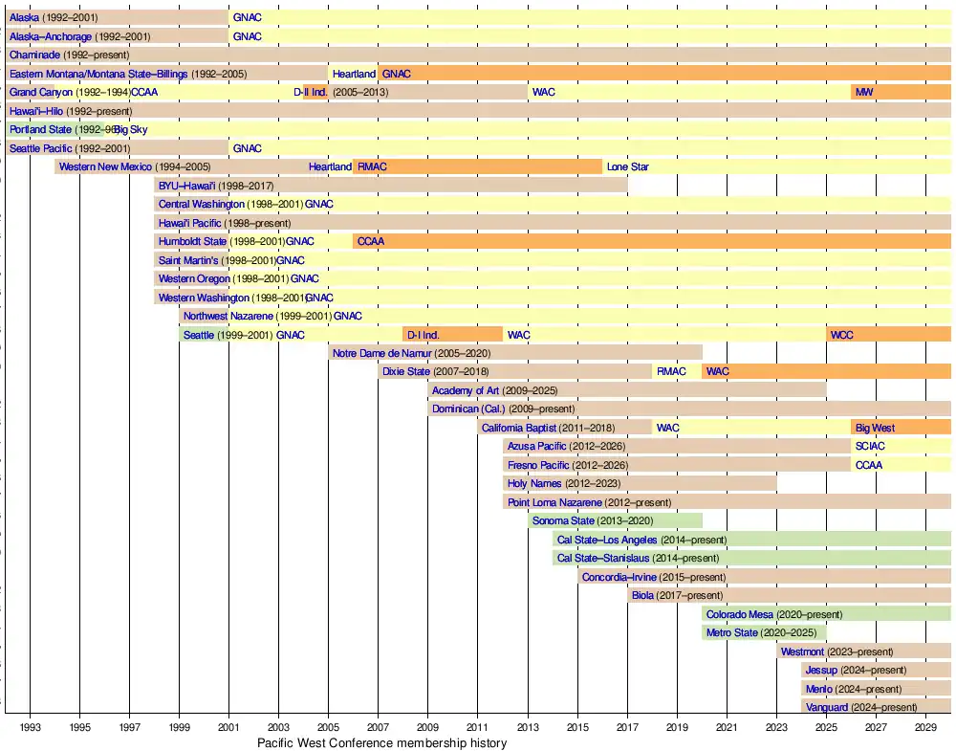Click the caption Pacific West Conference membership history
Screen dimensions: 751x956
point(381,743)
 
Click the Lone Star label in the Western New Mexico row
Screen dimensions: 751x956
point(627,166)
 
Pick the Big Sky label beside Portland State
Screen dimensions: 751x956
point(131,129)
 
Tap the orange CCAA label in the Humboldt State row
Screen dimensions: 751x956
point(370,241)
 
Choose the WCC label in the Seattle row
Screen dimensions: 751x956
point(842,335)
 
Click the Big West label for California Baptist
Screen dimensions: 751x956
point(876,428)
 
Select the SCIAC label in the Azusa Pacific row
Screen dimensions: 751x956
point(871,446)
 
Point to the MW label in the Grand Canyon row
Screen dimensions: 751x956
point(864,92)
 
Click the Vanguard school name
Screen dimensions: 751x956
point(827,707)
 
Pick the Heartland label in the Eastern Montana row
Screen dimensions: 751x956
point(354,74)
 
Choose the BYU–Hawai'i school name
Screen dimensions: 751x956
point(186,186)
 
